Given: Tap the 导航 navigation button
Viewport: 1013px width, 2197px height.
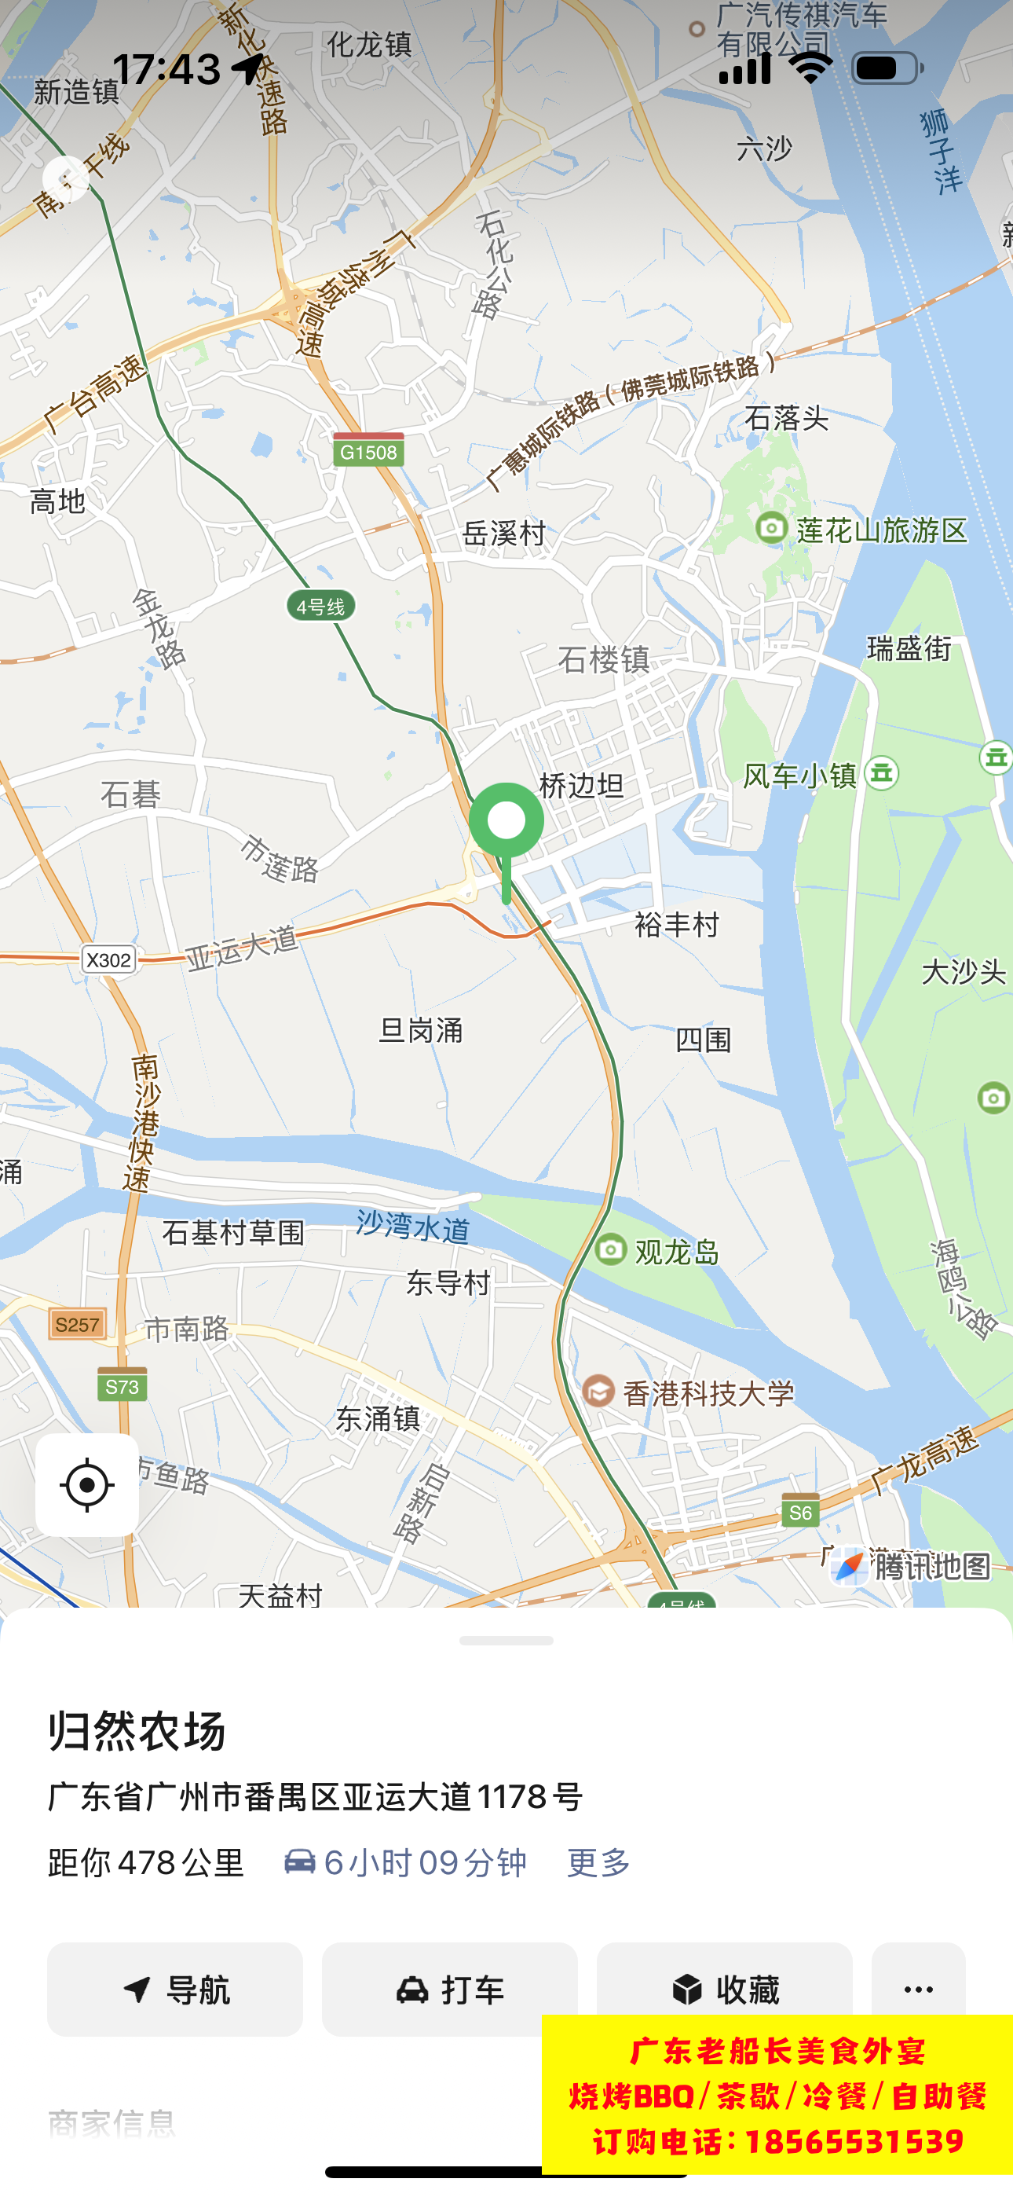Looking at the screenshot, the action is (x=175, y=1990).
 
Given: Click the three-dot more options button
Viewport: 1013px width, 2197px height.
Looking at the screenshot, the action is (x=917, y=1989).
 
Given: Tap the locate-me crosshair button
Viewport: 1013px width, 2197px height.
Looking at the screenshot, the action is (x=87, y=1485).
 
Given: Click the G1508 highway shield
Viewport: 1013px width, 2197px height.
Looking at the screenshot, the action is (x=368, y=452).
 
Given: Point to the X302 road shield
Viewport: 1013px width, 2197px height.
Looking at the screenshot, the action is (x=109, y=959).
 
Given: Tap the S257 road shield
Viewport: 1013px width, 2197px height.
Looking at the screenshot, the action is (x=78, y=1325).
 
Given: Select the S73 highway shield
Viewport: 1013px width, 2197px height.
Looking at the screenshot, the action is (x=122, y=1387).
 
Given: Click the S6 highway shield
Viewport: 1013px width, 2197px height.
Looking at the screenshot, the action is (x=800, y=1512).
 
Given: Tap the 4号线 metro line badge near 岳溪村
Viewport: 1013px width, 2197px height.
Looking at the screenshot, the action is (x=320, y=607).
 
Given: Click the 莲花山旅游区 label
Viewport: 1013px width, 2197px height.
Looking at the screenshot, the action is (x=881, y=530).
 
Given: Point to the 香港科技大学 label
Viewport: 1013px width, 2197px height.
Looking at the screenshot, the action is (x=708, y=1392).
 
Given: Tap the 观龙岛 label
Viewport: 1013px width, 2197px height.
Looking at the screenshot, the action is (x=676, y=1252).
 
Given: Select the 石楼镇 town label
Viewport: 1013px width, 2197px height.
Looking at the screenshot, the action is (x=604, y=659).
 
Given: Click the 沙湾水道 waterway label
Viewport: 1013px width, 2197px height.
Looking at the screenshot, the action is (x=413, y=1227).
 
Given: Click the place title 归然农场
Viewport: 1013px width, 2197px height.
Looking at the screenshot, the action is (x=137, y=1731).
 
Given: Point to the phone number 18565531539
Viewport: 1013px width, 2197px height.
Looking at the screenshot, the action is (x=854, y=2140).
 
